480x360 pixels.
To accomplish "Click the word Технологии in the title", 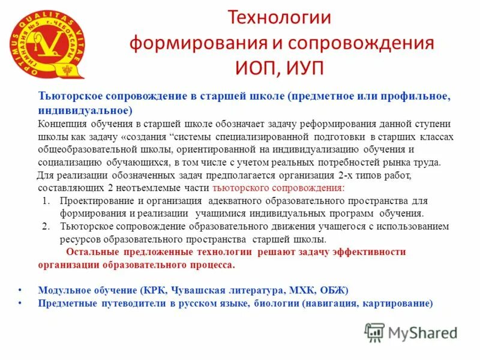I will pyautogui.click(x=279, y=17).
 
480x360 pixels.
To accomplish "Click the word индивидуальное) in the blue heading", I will pyautogui.click(x=85, y=111).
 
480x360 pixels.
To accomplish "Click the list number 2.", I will pyautogui.click(x=46, y=226).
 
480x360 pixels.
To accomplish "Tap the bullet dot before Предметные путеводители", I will pyautogui.click(x=20, y=303).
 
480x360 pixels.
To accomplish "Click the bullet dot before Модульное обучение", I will pyautogui.click(x=20, y=289).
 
